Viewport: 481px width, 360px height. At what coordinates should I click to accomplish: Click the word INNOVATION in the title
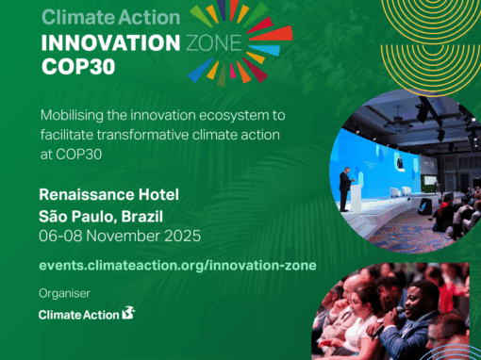click(109, 44)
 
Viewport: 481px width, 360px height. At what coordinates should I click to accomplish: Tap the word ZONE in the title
click(216, 44)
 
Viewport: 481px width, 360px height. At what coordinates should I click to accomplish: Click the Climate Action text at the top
click(109, 17)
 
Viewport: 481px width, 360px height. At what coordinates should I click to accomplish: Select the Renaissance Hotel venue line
click(108, 195)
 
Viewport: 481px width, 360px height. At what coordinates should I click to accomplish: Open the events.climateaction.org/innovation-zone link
click(177, 266)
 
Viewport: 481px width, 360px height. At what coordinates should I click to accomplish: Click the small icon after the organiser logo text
click(128, 313)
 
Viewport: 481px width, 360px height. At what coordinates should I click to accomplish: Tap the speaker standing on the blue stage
click(345, 188)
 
